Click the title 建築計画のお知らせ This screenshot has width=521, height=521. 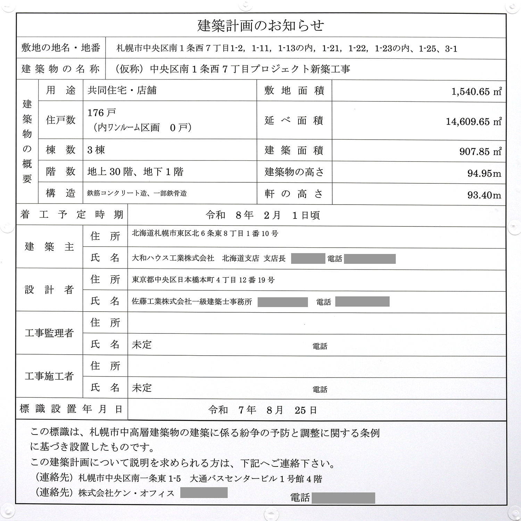[260, 26]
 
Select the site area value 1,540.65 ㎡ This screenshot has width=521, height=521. [476, 91]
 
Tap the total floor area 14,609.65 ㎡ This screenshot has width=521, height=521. [473, 121]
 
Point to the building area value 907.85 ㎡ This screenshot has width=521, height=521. [480, 151]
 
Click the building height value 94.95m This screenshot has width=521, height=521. [484, 173]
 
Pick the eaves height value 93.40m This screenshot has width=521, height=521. [484, 195]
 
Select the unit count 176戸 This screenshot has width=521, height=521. [102, 113]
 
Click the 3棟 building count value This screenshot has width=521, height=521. [96, 150]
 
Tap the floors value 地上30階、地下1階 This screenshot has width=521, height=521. [135, 172]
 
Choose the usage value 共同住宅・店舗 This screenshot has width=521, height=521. [122, 90]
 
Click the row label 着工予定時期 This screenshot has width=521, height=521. [72, 215]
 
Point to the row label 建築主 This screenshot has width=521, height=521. [49, 247]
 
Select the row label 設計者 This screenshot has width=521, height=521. [49, 290]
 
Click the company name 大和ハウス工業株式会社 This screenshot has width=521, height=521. [173, 258]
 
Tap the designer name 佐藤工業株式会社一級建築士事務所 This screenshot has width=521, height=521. [192, 301]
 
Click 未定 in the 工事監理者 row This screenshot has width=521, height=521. [142, 345]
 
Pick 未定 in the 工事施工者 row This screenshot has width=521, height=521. [142, 388]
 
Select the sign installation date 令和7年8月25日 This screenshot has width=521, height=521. [262, 410]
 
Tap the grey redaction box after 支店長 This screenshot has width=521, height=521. [308, 258]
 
